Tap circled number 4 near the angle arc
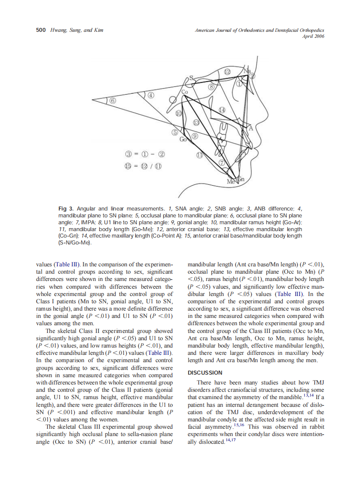click(151, 95)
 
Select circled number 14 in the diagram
click(222, 110)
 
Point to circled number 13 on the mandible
click(196, 123)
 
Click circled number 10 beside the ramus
click(179, 113)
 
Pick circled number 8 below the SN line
click(212, 87)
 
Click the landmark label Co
click(185, 92)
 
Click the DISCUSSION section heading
click(205, 372)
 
